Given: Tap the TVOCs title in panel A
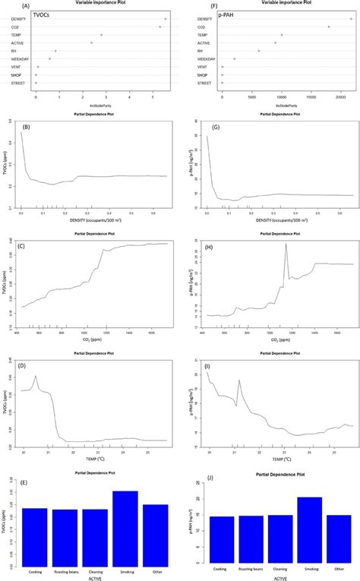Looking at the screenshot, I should click(33, 14).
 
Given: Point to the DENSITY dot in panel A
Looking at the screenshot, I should click(165, 19).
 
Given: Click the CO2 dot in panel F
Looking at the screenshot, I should click(329, 27).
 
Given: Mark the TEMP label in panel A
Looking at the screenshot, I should click(15, 35).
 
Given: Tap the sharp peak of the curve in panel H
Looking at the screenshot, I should click(286, 245).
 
